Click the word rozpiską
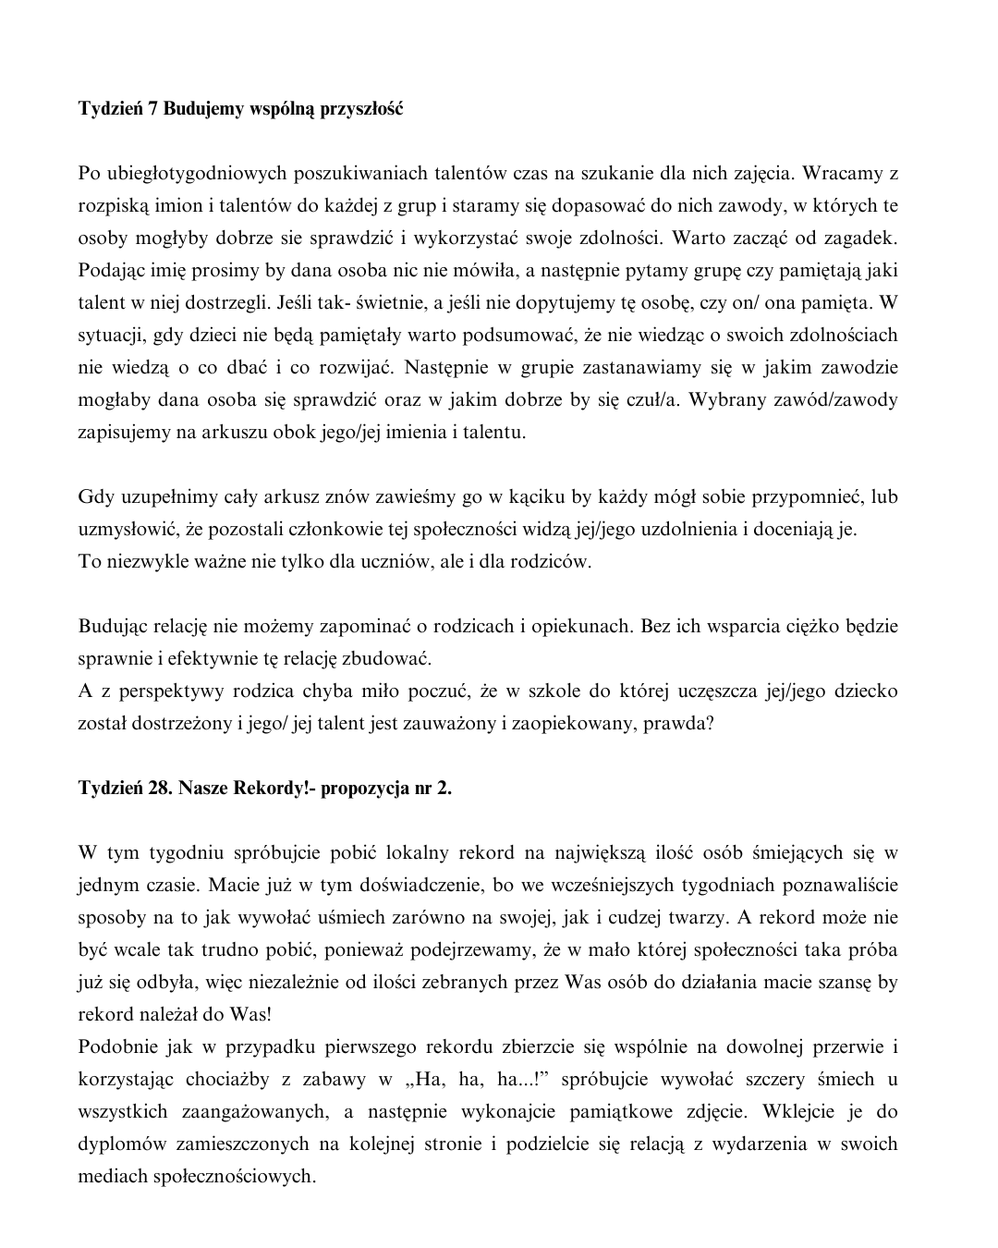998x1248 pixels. (115, 206)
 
